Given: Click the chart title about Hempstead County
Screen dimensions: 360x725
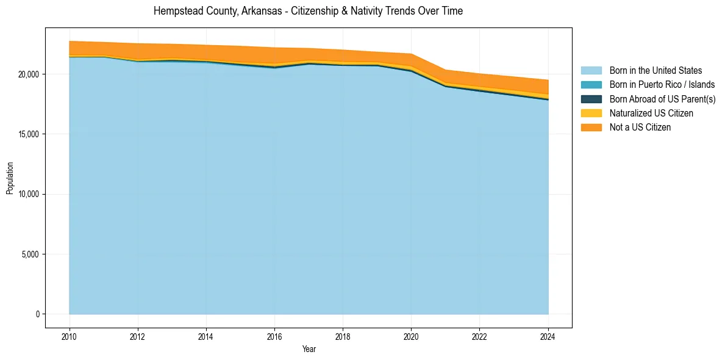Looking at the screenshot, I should coord(308,11).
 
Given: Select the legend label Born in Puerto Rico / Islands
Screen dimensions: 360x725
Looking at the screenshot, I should coord(662,85).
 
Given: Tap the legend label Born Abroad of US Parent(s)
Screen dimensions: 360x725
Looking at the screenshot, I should coord(662,99).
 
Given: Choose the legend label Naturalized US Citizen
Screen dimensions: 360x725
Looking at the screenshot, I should coord(651,113).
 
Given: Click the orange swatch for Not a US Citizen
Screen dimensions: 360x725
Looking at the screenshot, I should coord(591,128).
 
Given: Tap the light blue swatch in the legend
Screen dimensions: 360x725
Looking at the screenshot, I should coord(591,71).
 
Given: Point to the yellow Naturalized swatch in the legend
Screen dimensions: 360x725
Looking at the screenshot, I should coord(591,113).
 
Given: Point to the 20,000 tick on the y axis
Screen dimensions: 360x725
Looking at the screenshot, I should coord(29,74).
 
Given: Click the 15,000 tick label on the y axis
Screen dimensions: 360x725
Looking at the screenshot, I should coord(29,134).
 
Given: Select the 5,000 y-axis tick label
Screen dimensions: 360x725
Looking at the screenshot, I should coord(31,254).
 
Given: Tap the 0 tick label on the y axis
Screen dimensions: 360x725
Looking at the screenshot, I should coord(37,314).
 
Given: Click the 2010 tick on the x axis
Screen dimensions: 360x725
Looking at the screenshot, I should coord(70,336).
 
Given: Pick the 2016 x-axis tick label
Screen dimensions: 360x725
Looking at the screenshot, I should coord(274,336).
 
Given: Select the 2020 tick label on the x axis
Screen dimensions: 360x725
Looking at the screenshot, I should coord(411,336).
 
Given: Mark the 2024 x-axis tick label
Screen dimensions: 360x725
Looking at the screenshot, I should coord(548,336).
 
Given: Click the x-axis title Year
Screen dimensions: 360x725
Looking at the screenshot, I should coord(309,350).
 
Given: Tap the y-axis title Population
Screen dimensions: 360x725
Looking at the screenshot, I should coord(10,178).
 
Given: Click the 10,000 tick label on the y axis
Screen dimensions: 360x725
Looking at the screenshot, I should coord(29,194).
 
